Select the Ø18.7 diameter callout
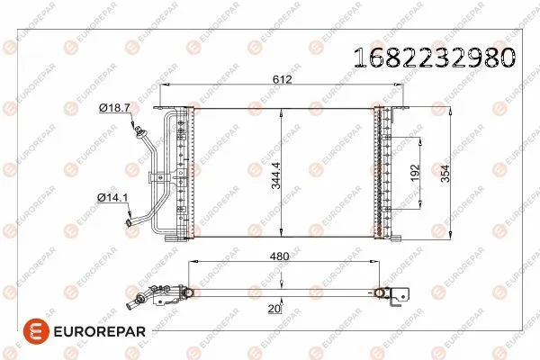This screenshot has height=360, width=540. coord(114,107)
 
